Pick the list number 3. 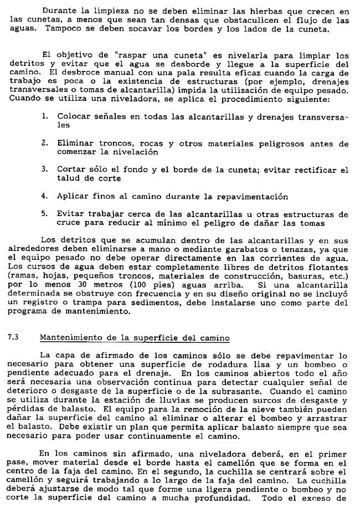[x=44, y=170]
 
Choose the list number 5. [x=44, y=214]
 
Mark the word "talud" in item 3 [x=68, y=178]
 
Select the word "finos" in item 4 [x=104, y=196]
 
